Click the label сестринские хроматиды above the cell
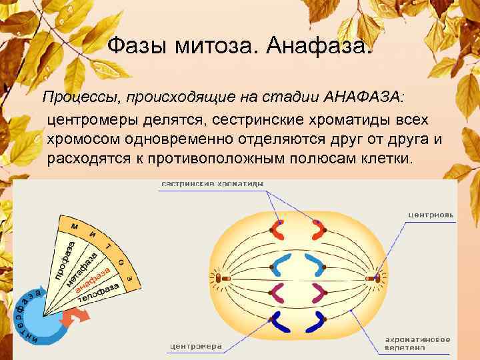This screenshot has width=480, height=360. (x=212, y=183)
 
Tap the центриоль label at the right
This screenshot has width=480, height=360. (x=431, y=215)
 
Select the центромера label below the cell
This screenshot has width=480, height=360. (x=195, y=346)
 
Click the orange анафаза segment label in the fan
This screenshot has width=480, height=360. (x=93, y=279)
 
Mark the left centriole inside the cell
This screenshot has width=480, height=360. (x=218, y=276)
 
